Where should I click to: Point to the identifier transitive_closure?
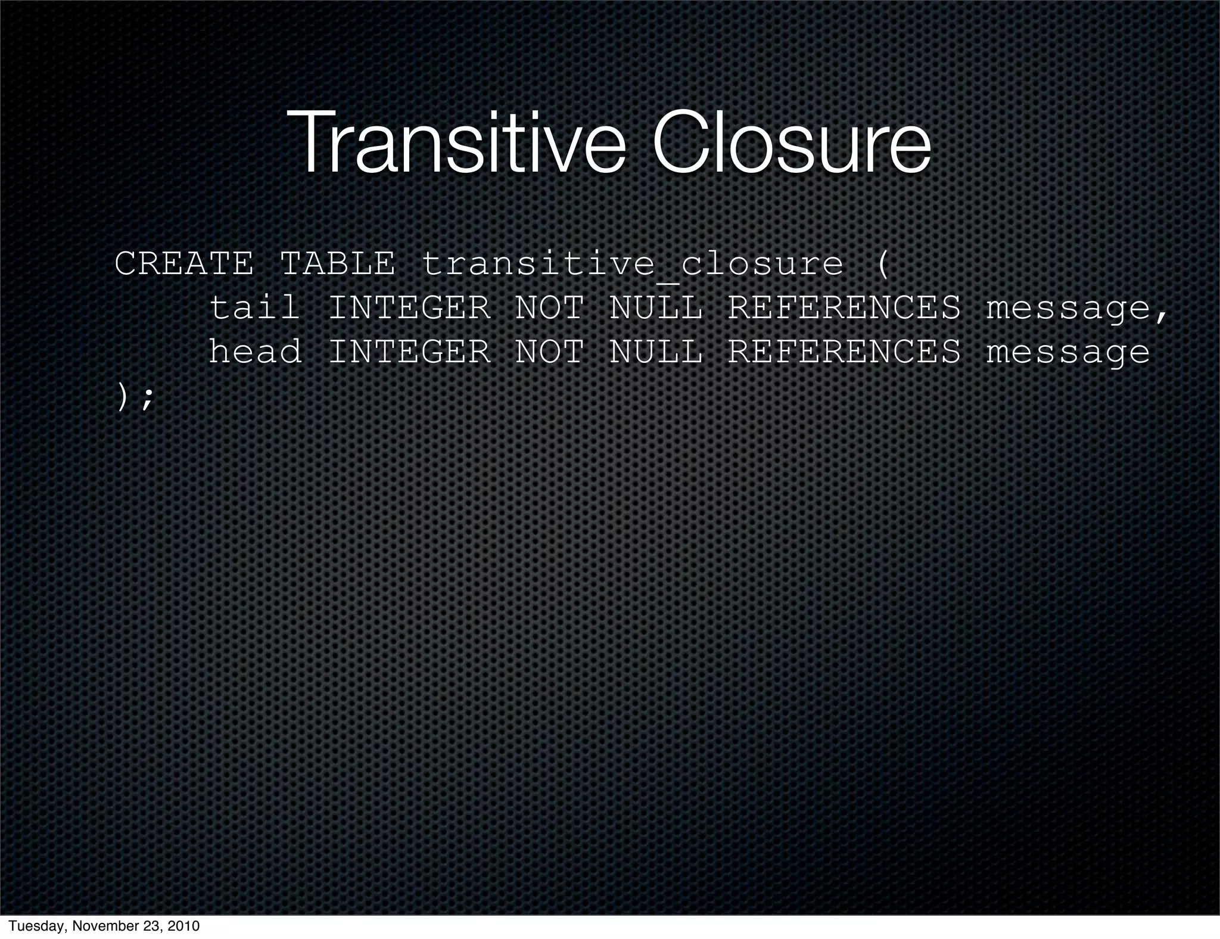pos(632,265)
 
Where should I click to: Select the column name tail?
pos(254,308)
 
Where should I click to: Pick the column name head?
pos(254,351)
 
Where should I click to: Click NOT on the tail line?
pos(549,308)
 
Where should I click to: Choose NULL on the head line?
pos(655,351)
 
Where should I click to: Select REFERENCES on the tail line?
pos(844,308)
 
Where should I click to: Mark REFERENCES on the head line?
pos(844,351)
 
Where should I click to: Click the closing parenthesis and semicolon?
pos(134,397)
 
